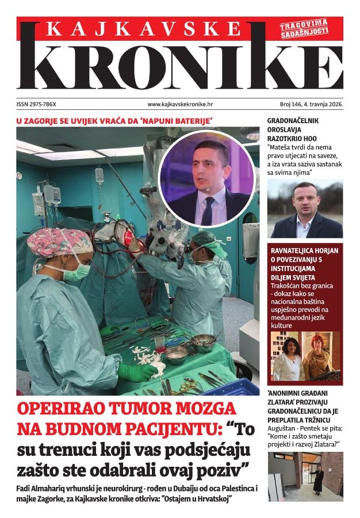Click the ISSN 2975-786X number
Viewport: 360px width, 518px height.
tap(40, 105)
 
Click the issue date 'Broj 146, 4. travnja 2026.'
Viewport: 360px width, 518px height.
tap(307, 105)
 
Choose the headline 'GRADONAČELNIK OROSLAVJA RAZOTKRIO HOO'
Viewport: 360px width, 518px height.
tap(293, 130)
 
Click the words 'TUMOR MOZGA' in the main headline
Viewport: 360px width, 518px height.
tap(173, 409)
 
